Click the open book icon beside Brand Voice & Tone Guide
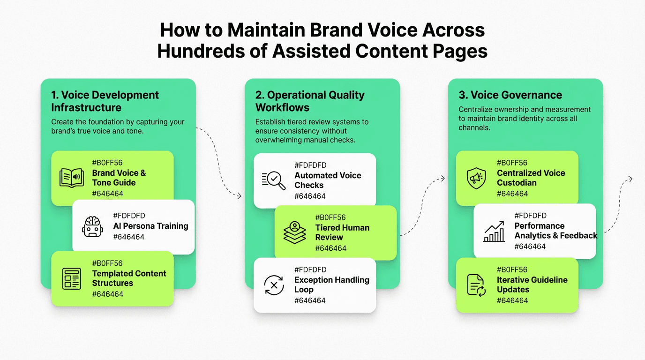click(x=71, y=178)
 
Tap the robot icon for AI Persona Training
click(x=92, y=226)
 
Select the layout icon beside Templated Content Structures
click(x=71, y=278)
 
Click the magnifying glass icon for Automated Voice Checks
click(x=274, y=180)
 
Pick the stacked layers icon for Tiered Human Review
click(x=294, y=232)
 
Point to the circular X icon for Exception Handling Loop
click(x=274, y=285)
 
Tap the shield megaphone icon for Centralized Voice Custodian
click(x=476, y=178)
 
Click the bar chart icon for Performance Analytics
click(x=494, y=232)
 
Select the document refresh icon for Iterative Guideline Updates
click(x=476, y=285)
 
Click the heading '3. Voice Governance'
click(x=510, y=95)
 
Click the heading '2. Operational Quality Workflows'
click(x=310, y=101)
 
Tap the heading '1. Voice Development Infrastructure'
click(x=105, y=101)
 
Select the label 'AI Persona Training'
click(x=150, y=226)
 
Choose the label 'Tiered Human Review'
click(x=342, y=232)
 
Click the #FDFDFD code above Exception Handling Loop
click(x=310, y=270)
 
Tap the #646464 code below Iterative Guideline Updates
click(x=512, y=300)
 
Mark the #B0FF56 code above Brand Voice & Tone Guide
click(x=107, y=163)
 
